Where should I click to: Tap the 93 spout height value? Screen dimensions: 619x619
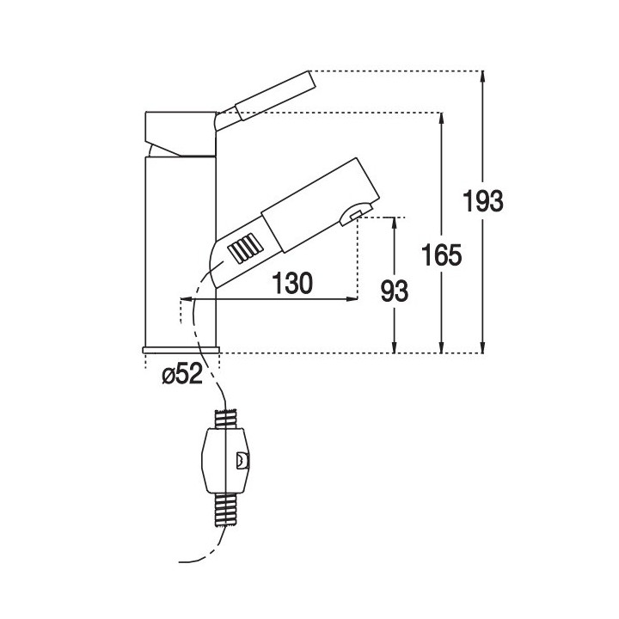394,291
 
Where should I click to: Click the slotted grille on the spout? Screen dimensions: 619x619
243,250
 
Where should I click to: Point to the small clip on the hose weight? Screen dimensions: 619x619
242,460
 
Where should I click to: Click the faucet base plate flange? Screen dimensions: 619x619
181,348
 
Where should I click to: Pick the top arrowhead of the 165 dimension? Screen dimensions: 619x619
442,119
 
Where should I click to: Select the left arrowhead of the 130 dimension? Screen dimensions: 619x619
223,298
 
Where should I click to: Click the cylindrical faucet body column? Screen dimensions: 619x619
180,249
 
